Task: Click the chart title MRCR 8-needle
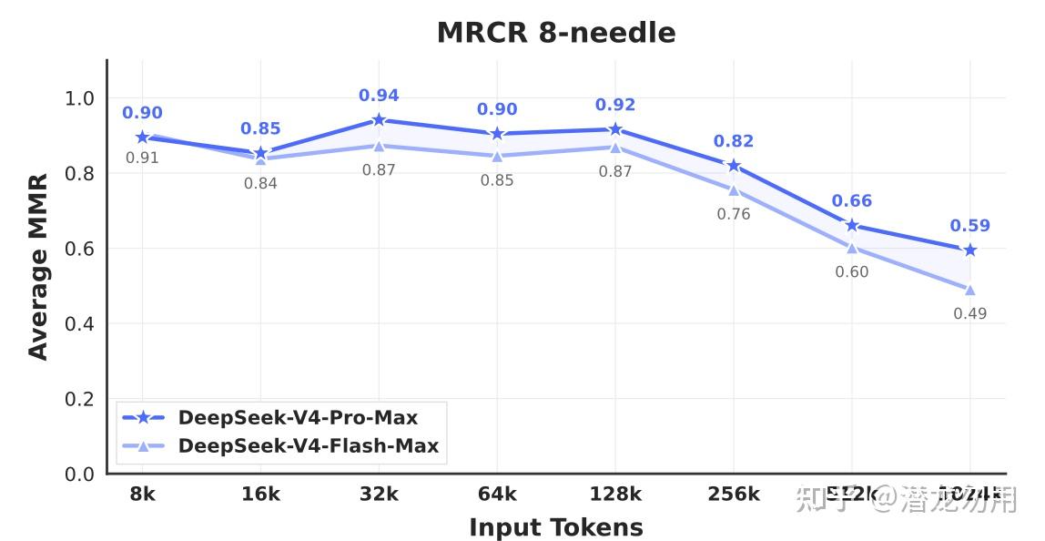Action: tap(556, 33)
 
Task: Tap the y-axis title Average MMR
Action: tap(37, 268)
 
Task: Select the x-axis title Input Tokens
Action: tap(555, 527)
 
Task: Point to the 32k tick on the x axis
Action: tap(379, 495)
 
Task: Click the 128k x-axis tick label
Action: tap(615, 495)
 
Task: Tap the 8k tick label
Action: tap(142, 495)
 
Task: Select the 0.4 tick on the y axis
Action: tap(79, 324)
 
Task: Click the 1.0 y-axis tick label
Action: tap(79, 98)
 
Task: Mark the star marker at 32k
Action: tap(379, 120)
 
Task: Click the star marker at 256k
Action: tap(734, 166)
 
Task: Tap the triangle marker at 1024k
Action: tap(969, 290)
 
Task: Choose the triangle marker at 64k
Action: tap(497, 156)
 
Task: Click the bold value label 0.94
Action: tap(379, 96)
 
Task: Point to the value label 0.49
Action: tap(969, 314)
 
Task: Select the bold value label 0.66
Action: tap(851, 201)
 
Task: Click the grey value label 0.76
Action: tap(734, 215)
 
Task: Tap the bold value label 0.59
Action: tap(969, 226)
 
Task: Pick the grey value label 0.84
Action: tap(260, 184)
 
